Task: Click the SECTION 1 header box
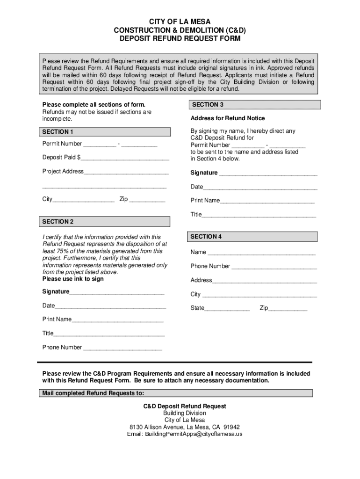(105, 132)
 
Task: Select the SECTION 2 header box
(105, 221)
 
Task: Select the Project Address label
(63, 171)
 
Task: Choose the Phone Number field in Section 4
(274, 267)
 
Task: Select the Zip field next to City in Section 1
(147, 200)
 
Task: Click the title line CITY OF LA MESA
(180, 22)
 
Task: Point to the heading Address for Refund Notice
(227, 118)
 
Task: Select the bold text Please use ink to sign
(73, 279)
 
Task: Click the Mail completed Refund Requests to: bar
(175, 393)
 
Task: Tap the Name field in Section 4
(261, 253)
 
